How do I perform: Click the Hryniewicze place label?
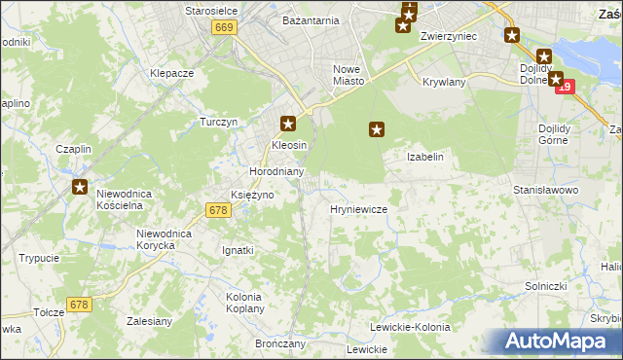click(x=359, y=209)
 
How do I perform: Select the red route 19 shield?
click(x=566, y=88)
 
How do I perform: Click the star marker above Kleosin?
click(x=288, y=124)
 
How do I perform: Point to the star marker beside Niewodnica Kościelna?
click(x=80, y=187)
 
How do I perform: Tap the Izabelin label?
click(x=425, y=157)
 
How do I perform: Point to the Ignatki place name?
click(x=238, y=250)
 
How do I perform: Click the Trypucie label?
click(x=39, y=258)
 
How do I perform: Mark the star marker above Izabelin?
click(x=377, y=127)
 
